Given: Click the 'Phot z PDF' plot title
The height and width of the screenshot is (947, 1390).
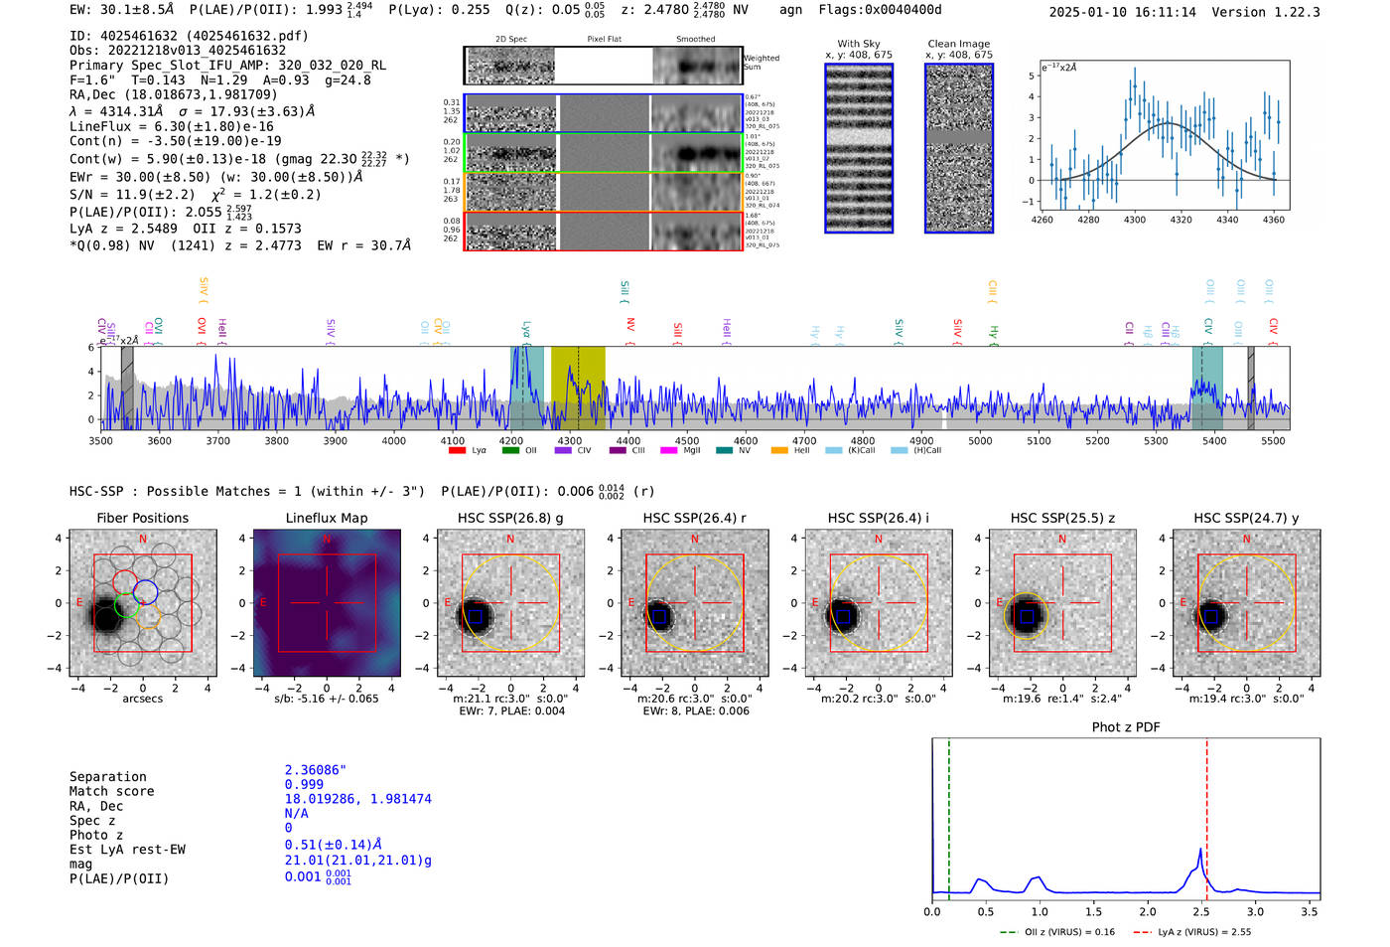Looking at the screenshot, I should click(x=1125, y=727).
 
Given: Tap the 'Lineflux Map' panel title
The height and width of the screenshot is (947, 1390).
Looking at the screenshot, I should click(x=326, y=518).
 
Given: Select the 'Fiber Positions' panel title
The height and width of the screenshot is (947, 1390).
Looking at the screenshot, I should click(x=142, y=518).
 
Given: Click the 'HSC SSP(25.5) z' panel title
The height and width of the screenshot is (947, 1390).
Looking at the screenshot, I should click(x=1062, y=518).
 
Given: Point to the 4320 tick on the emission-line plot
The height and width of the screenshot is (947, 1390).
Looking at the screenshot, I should click(x=1181, y=220).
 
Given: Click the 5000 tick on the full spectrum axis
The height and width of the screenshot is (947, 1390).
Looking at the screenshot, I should click(x=980, y=441).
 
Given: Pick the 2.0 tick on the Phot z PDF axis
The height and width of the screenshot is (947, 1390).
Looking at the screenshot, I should click(x=1148, y=911).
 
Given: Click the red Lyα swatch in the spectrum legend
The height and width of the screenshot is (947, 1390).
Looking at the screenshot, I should click(x=458, y=451).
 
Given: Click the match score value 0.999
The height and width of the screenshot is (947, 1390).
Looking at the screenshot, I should click(x=304, y=784).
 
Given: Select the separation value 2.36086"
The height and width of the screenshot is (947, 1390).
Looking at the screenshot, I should click(x=315, y=770).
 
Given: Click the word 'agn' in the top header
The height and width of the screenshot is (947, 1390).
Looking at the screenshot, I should click(x=790, y=10).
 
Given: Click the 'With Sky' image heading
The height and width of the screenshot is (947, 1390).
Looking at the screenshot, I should click(x=858, y=44).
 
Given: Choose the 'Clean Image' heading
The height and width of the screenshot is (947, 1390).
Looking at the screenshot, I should click(x=958, y=44).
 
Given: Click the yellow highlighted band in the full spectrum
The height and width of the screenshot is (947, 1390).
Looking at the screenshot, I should click(x=578, y=388).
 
